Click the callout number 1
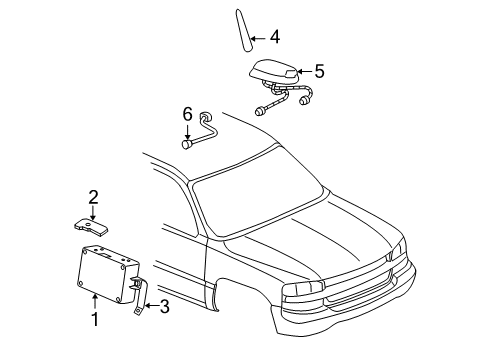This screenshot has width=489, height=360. tap(95, 320)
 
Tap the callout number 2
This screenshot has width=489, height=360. tap(93, 197)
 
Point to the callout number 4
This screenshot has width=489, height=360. tap(274, 40)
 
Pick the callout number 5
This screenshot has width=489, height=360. tap(319, 72)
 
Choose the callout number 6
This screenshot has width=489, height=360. tap(186, 117)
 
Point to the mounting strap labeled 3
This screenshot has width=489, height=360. tap(139, 297)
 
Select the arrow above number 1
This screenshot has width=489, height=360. tap(95, 303)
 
